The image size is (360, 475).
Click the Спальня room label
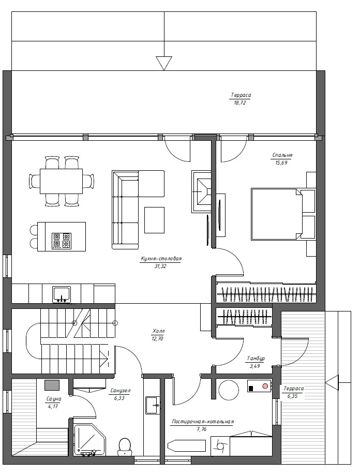point(282,155)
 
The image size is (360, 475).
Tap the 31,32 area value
point(160,266)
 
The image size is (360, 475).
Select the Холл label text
point(159,331)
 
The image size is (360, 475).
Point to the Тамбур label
point(256,359)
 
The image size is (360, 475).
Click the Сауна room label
point(54,399)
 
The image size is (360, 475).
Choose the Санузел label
point(120,391)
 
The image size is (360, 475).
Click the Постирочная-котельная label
point(203,421)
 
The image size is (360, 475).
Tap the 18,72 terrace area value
point(240,102)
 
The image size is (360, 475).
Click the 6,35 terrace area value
point(292,396)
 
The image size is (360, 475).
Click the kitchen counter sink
point(62,294)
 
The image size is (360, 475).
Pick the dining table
point(62,181)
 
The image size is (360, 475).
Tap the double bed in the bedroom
point(276,214)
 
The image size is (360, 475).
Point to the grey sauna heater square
point(52,385)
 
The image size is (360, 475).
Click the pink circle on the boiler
point(265,386)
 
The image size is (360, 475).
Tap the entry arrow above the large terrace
point(164,63)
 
